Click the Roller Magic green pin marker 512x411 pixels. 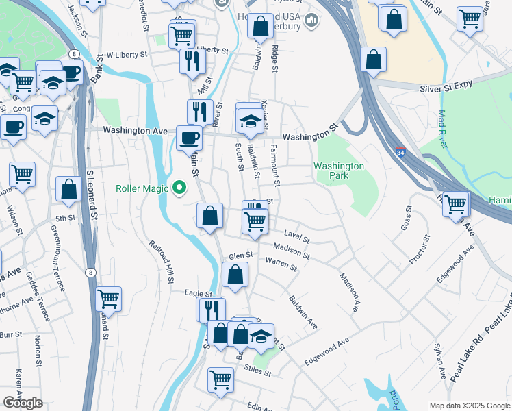click(180, 187)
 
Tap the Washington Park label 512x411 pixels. click(339, 171)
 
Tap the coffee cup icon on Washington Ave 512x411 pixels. click(189, 137)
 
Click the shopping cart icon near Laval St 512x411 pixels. click(255, 221)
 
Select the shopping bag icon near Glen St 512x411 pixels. click(235, 275)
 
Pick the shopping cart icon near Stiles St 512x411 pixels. click(220, 378)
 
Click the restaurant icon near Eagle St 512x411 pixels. click(212, 310)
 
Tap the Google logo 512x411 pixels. click(23, 403)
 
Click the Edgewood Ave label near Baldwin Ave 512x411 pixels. click(327, 350)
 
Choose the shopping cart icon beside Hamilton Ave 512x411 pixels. click(456, 203)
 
